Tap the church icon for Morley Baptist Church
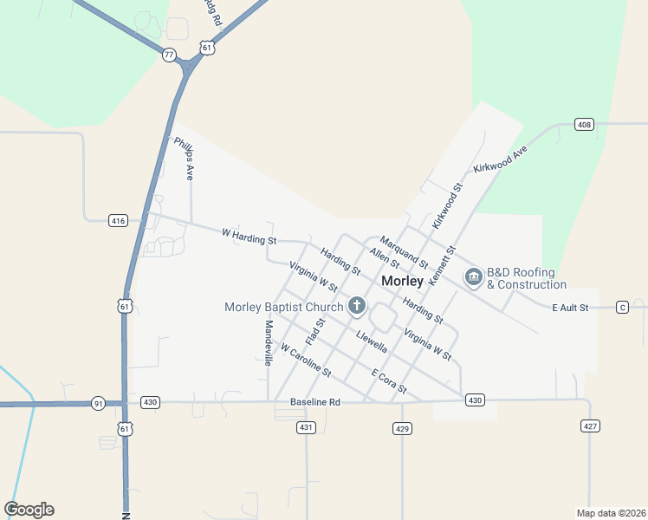356,305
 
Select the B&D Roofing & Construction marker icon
473,277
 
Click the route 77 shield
169,55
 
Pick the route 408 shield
584,125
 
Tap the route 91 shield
98,403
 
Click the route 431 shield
305,428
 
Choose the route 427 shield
590,426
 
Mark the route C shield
622,308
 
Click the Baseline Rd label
315,402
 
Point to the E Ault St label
571,308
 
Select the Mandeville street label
269,343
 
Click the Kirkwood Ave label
500,158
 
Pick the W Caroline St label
306,360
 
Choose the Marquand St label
404,251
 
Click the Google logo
29,510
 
